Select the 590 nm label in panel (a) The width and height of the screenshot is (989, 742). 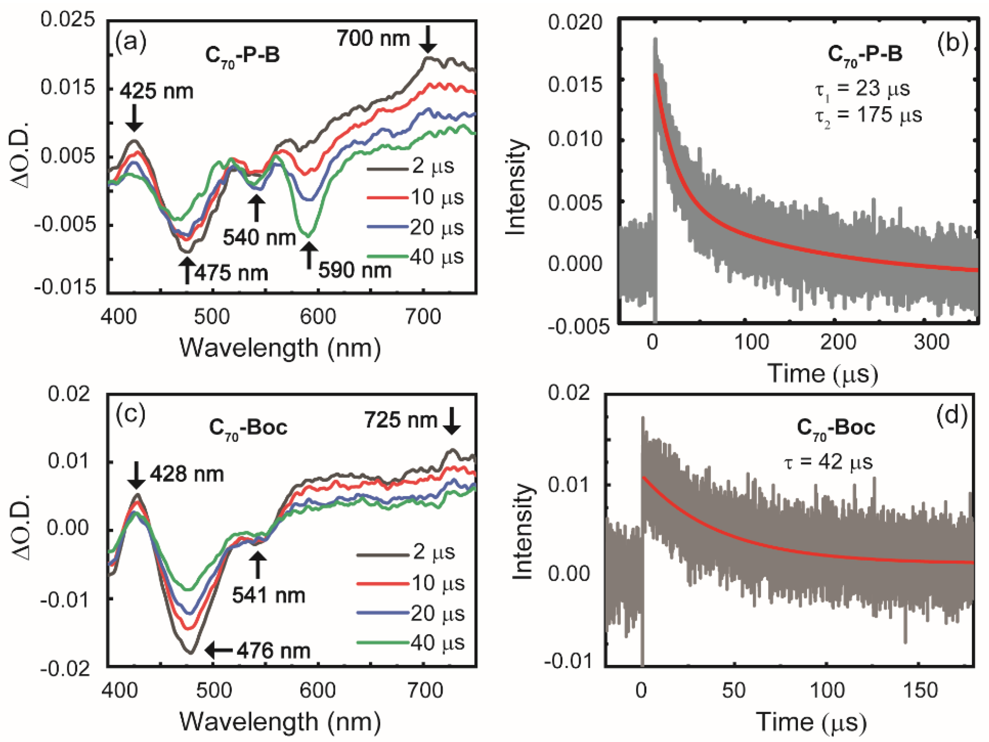(x=354, y=270)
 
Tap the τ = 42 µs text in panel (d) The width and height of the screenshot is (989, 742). (x=829, y=462)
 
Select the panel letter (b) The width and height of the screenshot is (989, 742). (x=953, y=43)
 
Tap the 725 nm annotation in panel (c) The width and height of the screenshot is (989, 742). (x=400, y=420)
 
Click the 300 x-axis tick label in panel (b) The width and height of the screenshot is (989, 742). (x=931, y=342)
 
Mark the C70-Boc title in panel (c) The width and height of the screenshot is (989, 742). (x=248, y=428)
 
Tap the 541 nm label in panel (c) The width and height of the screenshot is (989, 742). (x=268, y=596)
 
